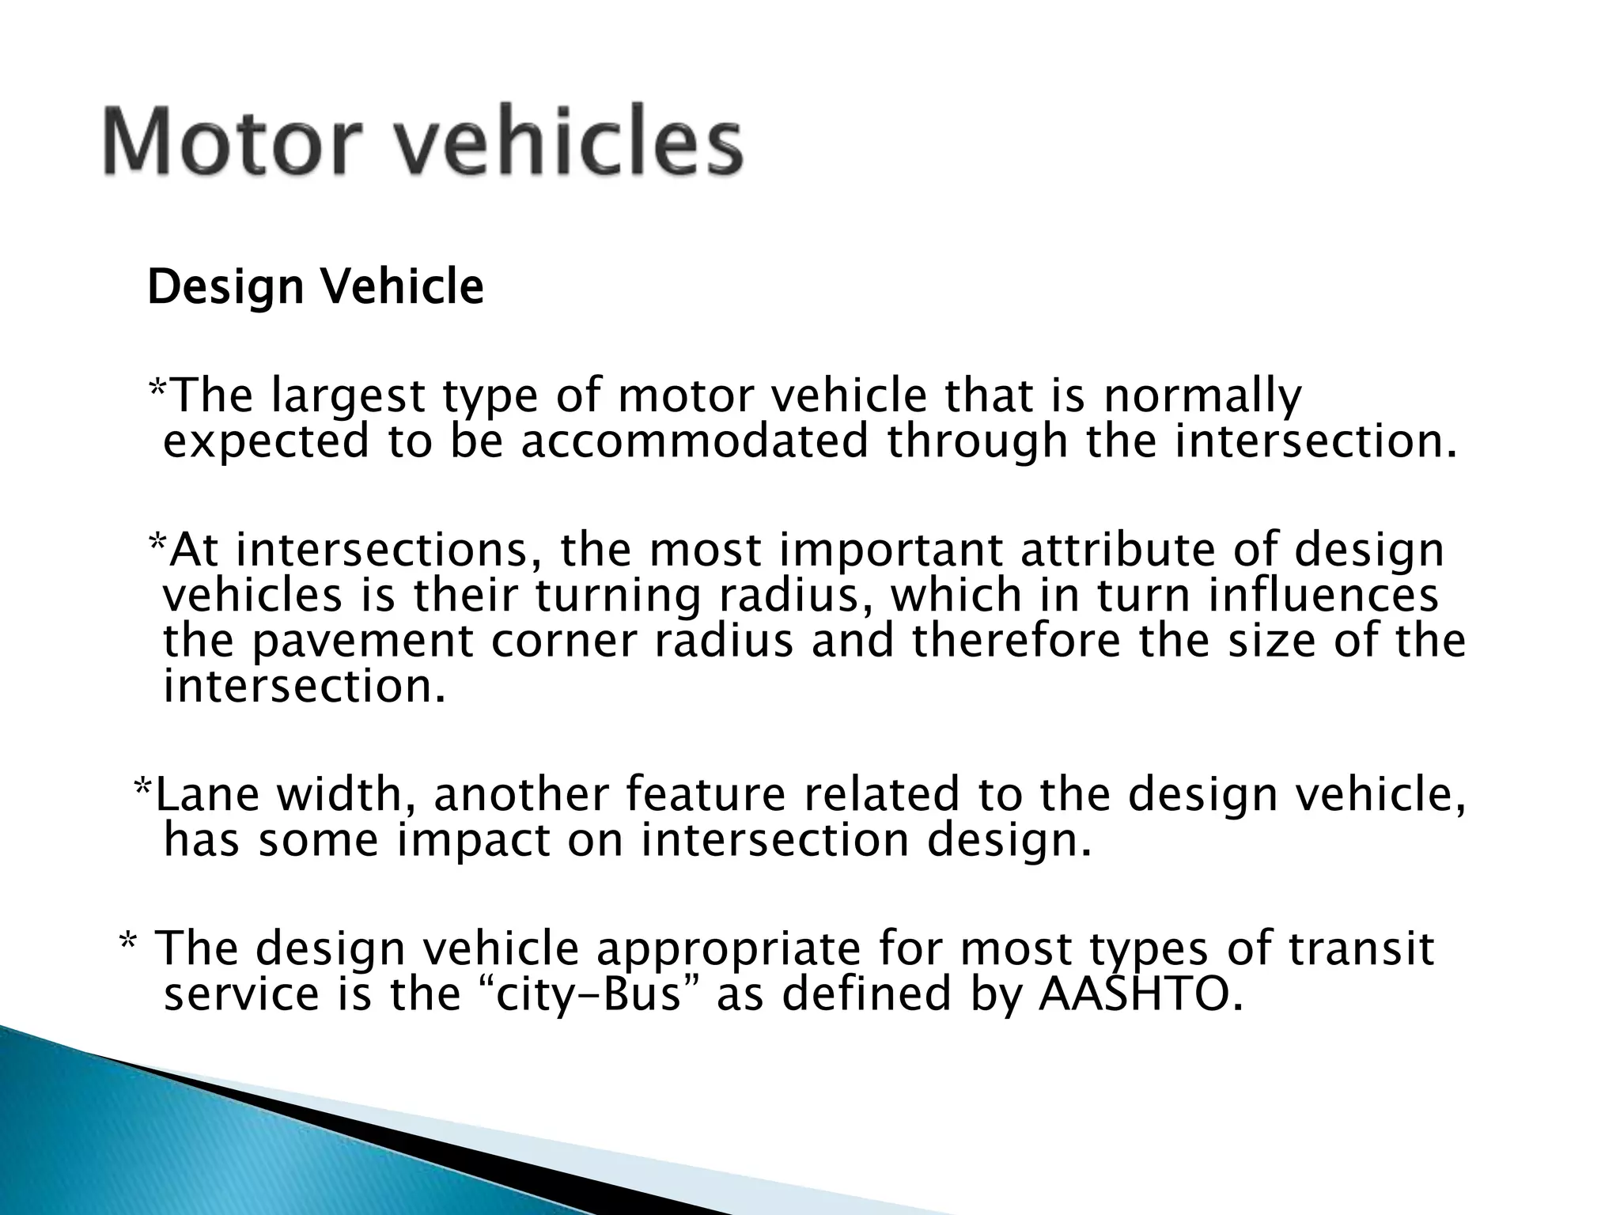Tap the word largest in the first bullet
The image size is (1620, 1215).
click(347, 397)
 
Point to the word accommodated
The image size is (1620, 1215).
click(694, 441)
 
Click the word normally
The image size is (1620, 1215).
click(1202, 397)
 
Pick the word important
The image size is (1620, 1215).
click(890, 550)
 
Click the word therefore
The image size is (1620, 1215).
click(1016, 641)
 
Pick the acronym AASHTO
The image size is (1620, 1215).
click(1136, 994)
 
